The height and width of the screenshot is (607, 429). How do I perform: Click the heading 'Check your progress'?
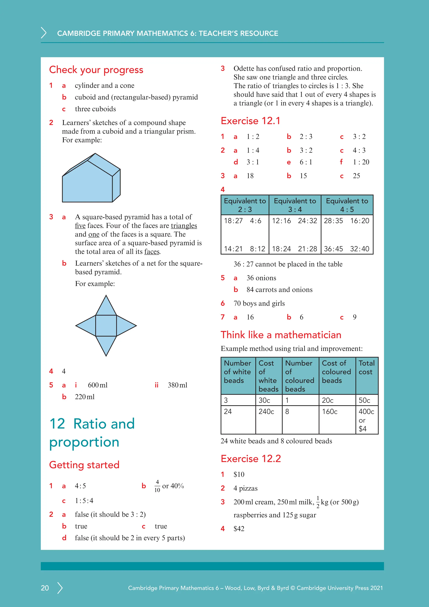(x=96, y=70)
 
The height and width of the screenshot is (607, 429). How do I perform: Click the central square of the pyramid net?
(x=106, y=326)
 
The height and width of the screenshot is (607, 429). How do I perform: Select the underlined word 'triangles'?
(x=184, y=226)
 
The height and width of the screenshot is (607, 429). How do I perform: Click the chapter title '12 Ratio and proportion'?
(x=92, y=433)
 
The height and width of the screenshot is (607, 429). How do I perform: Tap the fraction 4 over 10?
(x=157, y=486)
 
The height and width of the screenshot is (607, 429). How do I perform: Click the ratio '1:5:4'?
(x=84, y=501)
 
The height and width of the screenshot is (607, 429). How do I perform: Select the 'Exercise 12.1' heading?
(x=251, y=121)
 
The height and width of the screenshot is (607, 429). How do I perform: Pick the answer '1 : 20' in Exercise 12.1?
(x=361, y=162)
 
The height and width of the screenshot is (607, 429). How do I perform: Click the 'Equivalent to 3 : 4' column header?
(x=295, y=205)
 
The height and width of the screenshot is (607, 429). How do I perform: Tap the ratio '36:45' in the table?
(x=333, y=249)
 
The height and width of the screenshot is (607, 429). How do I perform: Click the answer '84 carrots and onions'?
(x=279, y=290)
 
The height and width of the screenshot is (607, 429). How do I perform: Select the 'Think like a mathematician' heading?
(x=281, y=335)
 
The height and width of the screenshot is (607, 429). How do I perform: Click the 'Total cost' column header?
(x=367, y=367)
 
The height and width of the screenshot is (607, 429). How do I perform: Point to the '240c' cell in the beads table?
(x=266, y=412)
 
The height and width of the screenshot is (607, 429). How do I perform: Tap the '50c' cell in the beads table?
(x=364, y=401)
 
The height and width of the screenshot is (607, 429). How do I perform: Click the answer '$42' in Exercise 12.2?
(x=239, y=529)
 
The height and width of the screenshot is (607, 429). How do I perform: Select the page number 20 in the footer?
(x=45, y=588)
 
